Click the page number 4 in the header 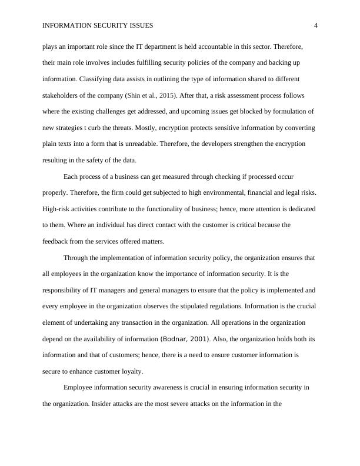316,25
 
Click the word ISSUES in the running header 139,25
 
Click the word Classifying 97,79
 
